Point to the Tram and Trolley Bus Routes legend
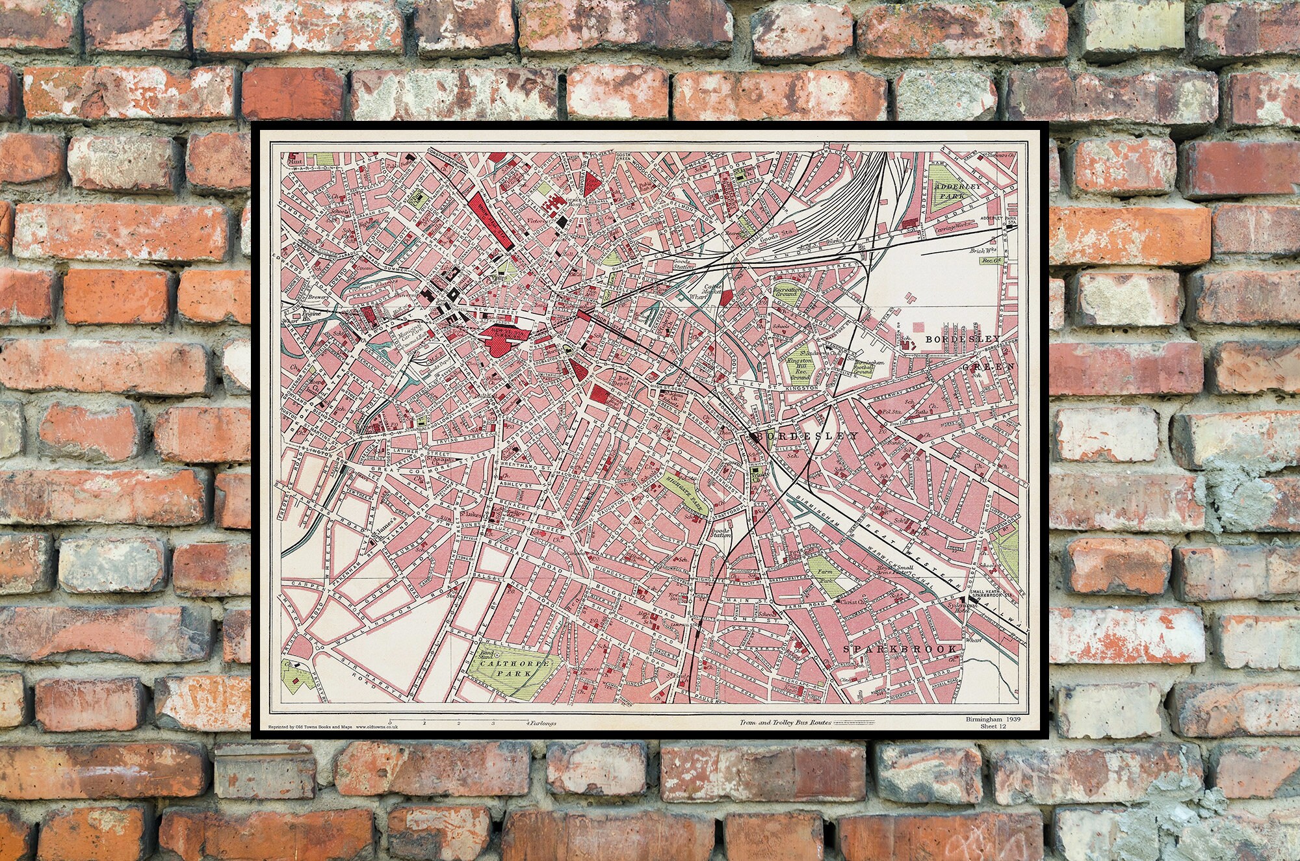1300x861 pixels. (x=784, y=723)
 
